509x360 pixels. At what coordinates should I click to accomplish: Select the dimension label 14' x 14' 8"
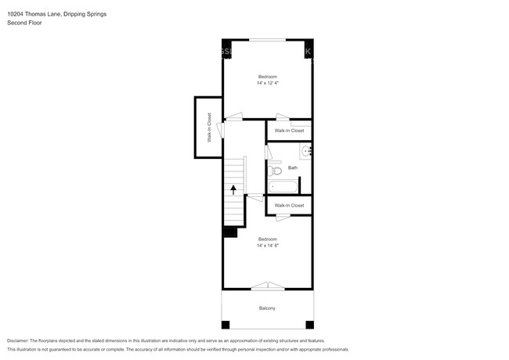(x=268, y=245)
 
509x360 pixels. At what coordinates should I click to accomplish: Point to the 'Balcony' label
(x=267, y=308)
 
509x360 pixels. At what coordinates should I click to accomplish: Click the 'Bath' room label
(x=293, y=167)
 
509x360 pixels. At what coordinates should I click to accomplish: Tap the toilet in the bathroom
(x=275, y=170)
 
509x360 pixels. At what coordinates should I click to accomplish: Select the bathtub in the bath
(x=283, y=186)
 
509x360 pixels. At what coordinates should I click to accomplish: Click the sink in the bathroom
(x=306, y=152)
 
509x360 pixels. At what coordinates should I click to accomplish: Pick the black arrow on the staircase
(x=233, y=190)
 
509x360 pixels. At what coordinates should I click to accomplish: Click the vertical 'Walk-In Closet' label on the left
(x=209, y=128)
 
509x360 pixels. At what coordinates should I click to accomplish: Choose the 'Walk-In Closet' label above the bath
(x=289, y=131)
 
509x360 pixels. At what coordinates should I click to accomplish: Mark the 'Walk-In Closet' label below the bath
(x=289, y=205)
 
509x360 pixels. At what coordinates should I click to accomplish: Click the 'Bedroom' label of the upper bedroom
(x=268, y=76)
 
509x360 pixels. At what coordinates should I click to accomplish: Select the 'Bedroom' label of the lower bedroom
(x=268, y=239)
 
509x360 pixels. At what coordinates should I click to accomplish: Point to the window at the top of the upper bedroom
(x=267, y=39)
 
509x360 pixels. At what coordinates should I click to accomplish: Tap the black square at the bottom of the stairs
(x=230, y=232)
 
